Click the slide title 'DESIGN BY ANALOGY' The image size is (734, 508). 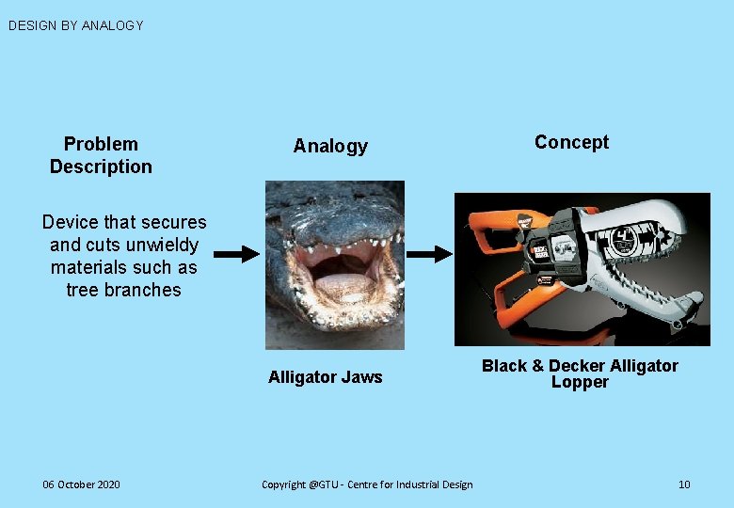[75, 25]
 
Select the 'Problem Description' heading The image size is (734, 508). [101, 155]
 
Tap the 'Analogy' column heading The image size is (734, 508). [330, 146]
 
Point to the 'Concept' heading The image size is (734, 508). [571, 142]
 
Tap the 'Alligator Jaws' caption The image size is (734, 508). [325, 377]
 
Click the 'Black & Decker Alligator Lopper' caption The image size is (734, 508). [580, 373]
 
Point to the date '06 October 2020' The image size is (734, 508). [81, 484]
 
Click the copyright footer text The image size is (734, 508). [367, 484]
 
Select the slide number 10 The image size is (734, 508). [684, 484]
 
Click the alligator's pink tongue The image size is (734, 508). [339, 283]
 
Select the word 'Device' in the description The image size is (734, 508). [70, 222]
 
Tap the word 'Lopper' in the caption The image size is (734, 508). [580, 382]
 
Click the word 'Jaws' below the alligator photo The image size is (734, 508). [361, 377]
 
